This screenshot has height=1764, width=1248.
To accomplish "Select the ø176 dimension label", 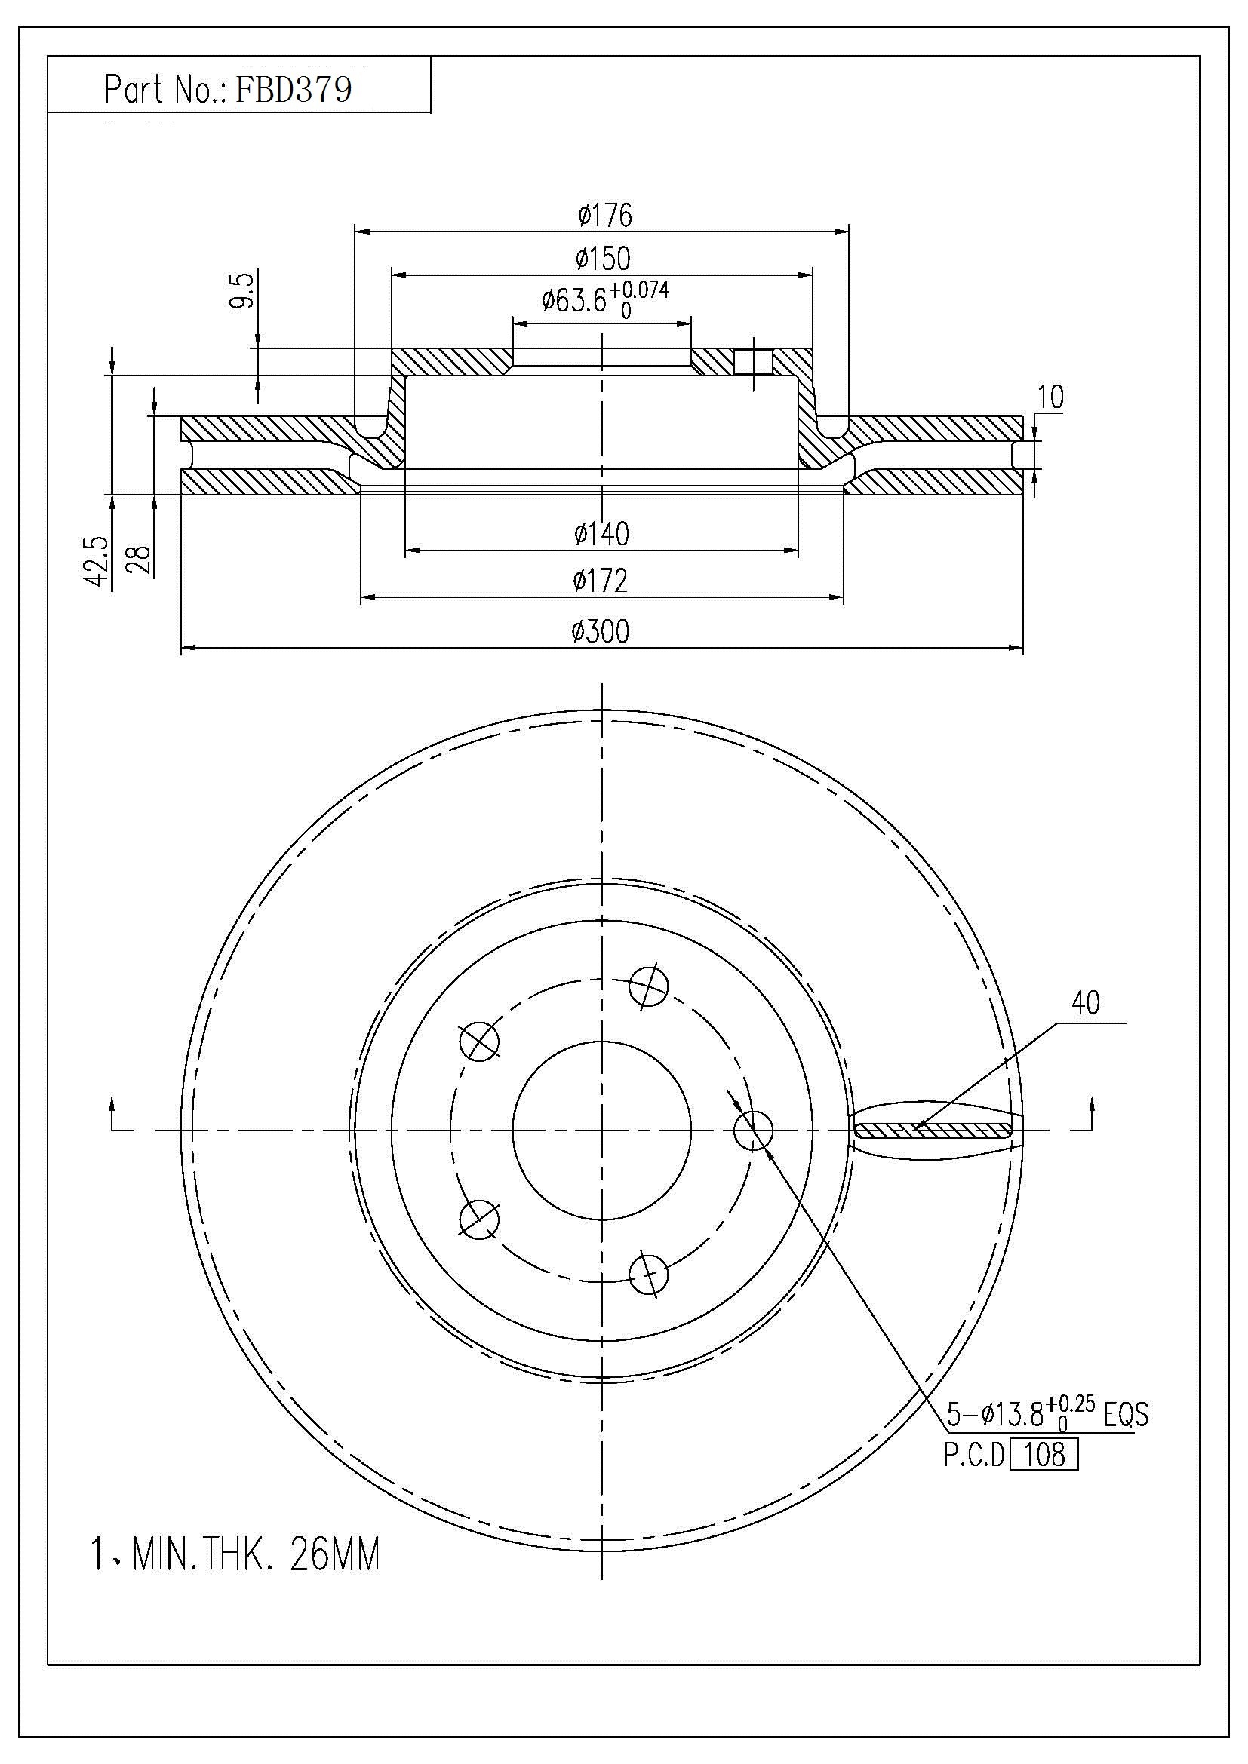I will pos(605,215).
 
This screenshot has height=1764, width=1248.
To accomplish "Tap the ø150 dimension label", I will pos(604,259).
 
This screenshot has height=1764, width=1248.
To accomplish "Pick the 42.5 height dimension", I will pos(97,561).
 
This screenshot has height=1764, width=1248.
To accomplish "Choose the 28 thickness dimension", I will pos(140,560).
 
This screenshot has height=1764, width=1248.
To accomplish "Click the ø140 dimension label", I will pos(601,533).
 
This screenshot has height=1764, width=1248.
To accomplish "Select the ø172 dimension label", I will pos(601,581).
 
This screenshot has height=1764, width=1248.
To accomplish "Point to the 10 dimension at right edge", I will pos(1050,398).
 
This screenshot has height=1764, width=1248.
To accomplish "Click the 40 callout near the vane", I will pos(1085,1002).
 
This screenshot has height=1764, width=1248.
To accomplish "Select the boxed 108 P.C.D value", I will pos(1044,1454).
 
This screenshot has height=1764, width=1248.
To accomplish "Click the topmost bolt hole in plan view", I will pos(649,986).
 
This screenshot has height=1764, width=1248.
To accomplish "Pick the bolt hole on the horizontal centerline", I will pos(753,1130).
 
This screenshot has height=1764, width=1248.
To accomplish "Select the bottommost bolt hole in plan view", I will pos(649,1275).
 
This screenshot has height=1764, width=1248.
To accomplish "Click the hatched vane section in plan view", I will pos(933,1130).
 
